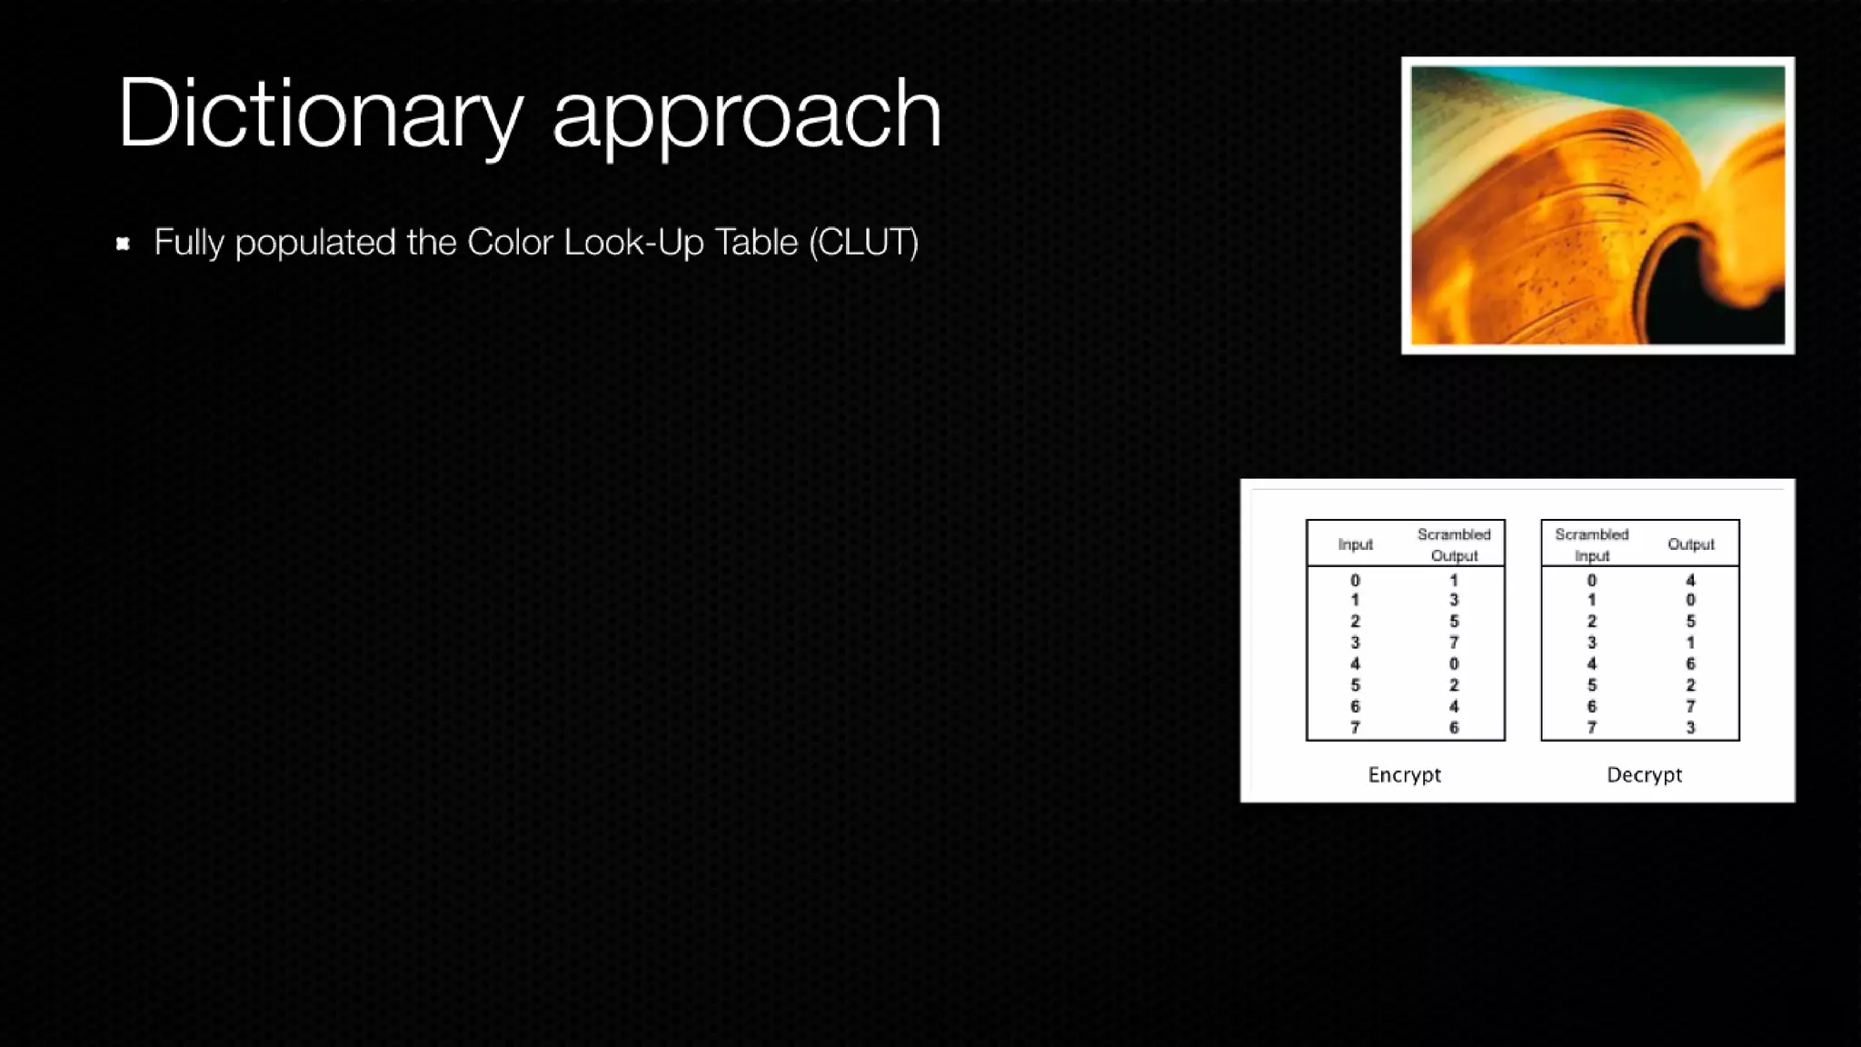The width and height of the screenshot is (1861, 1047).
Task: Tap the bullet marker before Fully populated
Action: [124, 244]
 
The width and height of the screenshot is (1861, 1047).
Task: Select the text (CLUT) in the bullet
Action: [863, 243]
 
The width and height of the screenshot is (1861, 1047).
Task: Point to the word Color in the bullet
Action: [510, 243]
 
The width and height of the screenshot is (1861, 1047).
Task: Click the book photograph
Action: [1597, 205]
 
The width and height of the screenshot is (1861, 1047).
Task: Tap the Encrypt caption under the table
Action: [1404, 775]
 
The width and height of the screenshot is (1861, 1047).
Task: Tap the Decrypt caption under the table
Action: [1644, 775]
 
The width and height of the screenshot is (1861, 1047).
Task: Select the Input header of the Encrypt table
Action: [1355, 544]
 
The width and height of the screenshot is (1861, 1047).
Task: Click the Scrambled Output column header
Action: [1454, 544]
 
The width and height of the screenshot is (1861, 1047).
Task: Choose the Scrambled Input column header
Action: [1591, 544]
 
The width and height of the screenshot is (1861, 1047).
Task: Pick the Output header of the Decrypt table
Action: [1690, 544]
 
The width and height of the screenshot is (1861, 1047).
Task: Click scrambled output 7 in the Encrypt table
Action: [1454, 643]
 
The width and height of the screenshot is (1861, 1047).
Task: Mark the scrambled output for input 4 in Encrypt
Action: [1454, 664]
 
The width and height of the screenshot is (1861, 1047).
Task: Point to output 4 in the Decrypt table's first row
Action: [1690, 581]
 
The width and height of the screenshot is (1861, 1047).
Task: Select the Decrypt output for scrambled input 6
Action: [1690, 706]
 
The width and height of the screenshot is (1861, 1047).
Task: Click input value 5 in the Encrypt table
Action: [1355, 685]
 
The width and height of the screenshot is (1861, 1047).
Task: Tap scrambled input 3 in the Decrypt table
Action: [1591, 643]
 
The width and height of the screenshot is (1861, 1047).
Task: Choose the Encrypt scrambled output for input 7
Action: [1454, 728]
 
